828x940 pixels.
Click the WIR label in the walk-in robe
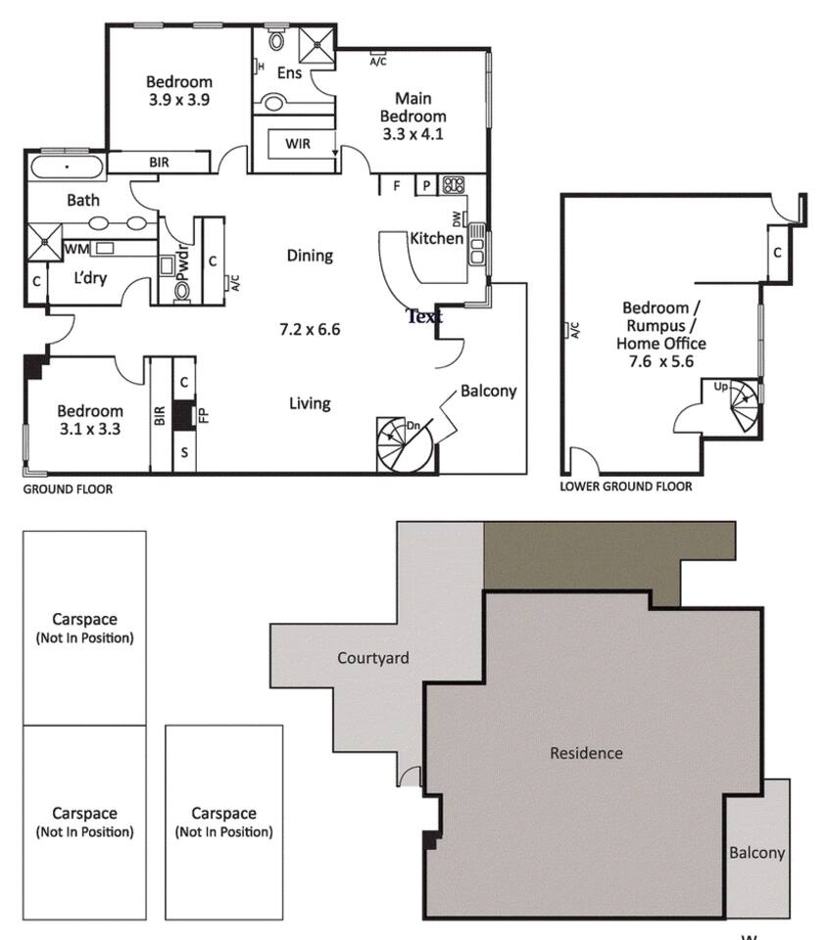coord(298,144)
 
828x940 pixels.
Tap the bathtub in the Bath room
coord(67,166)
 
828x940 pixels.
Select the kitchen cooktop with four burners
coord(454,185)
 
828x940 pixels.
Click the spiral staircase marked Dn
coord(404,445)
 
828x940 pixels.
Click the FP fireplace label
coord(204,415)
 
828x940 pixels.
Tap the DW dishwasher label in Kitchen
coord(458,219)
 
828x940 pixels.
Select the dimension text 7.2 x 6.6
coord(310,329)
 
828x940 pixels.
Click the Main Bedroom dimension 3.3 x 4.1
coord(413,134)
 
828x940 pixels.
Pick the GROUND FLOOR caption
coord(68,490)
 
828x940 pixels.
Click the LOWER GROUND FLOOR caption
coord(626,487)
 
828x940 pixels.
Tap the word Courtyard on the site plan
coord(373,658)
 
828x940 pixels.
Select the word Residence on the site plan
coord(586,753)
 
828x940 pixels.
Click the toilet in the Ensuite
coord(276,39)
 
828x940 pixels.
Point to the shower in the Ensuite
coord(317,44)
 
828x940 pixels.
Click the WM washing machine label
coord(76,249)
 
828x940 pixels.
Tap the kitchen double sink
coord(477,244)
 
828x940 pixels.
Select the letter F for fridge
coord(397,186)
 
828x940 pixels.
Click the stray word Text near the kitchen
coord(424,316)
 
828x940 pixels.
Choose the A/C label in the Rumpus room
coord(574,330)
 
